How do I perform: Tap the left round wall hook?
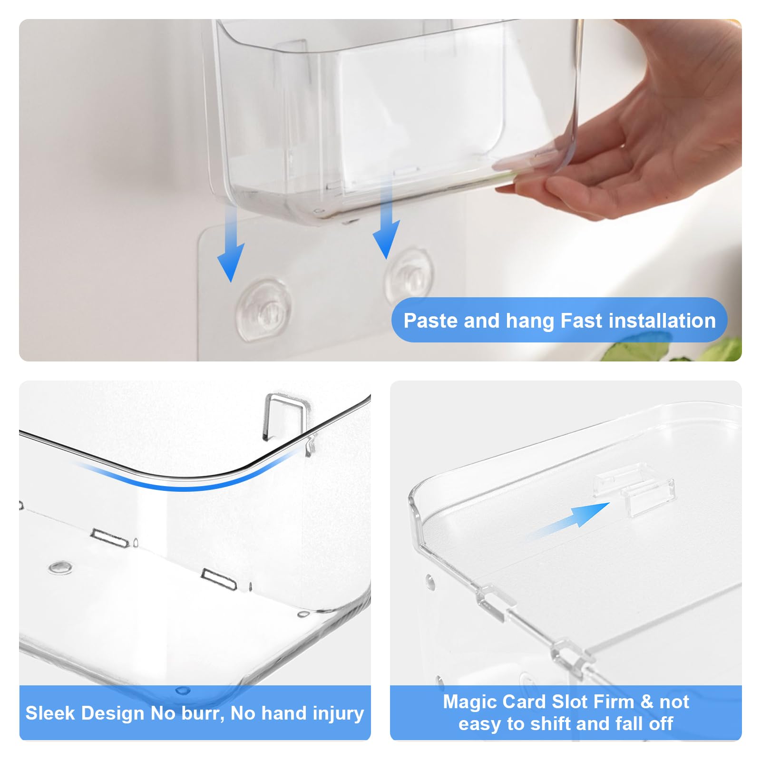[x=263, y=312]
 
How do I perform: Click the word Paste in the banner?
[x=431, y=321]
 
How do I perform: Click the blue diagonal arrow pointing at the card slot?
[x=571, y=521]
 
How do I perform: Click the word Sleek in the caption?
[x=52, y=713]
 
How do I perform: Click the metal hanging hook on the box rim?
[x=283, y=416]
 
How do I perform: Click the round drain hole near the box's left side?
[x=60, y=567]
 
